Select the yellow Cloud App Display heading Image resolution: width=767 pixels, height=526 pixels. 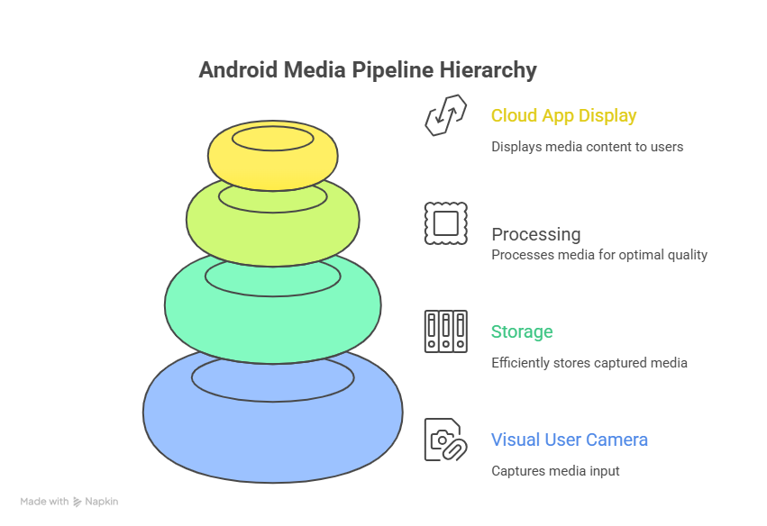(x=563, y=115)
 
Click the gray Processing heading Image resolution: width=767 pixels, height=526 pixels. (x=535, y=234)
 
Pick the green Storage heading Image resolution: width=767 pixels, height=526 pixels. (x=522, y=331)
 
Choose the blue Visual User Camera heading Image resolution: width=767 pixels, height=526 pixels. (x=569, y=440)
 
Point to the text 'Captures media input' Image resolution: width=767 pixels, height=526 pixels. (x=555, y=471)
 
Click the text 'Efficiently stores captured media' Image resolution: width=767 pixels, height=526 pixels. (x=589, y=363)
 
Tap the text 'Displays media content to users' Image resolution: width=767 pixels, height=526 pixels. (x=587, y=147)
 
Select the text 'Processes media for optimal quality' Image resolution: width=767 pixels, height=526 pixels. (x=599, y=255)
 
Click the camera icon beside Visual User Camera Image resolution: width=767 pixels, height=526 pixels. (x=445, y=440)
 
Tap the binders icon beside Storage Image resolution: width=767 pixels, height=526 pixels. (x=445, y=331)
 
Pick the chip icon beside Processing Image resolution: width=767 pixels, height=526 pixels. (x=445, y=223)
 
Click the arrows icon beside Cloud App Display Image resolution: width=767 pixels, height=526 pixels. (x=445, y=115)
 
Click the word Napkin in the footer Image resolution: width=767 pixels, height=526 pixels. (x=102, y=502)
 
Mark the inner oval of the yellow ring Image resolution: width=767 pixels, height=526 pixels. (x=273, y=139)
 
